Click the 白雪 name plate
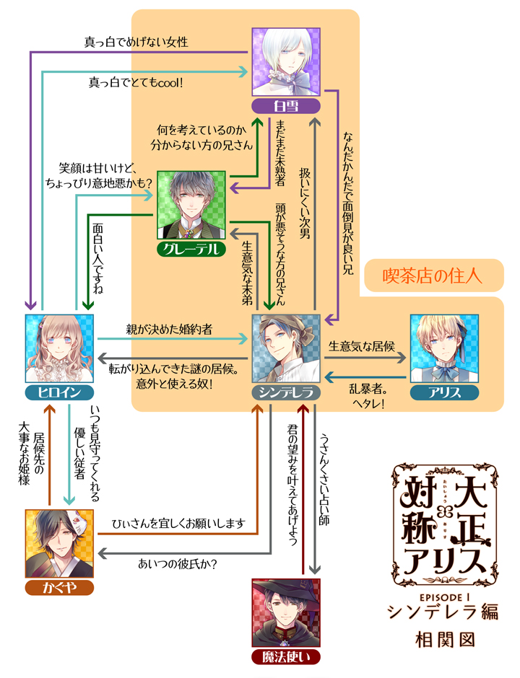286,107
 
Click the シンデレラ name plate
286,392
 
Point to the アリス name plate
444,392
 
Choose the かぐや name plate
60,586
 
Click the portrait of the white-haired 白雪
286,62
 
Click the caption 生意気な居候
361,345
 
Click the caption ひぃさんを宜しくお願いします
178,522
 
